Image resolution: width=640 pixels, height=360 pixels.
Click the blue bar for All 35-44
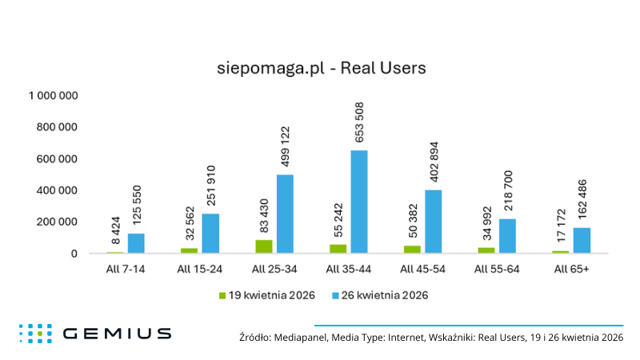(x=358, y=202)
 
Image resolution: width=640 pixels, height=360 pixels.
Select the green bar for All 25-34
(x=264, y=246)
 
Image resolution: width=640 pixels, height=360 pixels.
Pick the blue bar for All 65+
(x=582, y=240)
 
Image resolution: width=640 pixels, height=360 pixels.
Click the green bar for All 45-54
(x=412, y=249)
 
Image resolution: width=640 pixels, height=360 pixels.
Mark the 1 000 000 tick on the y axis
(x=53, y=96)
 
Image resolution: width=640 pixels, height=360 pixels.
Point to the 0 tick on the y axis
(x=73, y=254)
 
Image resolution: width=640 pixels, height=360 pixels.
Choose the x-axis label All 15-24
(x=200, y=269)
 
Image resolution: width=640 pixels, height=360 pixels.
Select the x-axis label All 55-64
(x=497, y=269)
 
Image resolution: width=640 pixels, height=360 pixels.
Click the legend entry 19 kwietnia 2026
(x=266, y=295)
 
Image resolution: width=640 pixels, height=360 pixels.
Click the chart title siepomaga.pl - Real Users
(x=322, y=68)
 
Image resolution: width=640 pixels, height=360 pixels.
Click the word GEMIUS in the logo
(x=116, y=334)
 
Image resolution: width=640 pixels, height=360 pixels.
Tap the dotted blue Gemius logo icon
(x=36, y=334)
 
